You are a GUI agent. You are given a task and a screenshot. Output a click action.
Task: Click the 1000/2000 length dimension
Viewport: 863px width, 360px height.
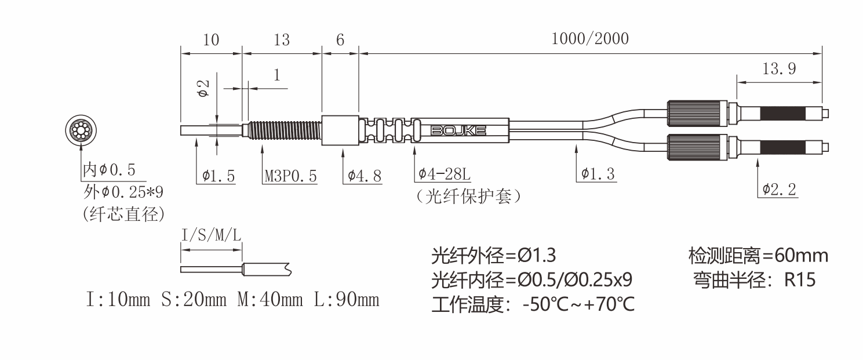[x=589, y=39]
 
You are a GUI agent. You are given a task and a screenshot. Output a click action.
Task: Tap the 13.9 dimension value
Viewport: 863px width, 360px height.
[x=778, y=69]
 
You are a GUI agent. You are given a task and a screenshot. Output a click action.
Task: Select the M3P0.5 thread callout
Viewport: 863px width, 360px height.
[x=290, y=176]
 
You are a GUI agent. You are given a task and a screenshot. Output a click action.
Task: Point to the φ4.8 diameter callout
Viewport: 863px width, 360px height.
[x=365, y=176]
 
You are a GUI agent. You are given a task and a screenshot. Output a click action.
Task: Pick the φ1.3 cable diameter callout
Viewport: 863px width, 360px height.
[x=598, y=174]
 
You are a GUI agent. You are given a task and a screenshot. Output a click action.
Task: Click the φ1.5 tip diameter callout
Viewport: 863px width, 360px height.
[x=219, y=176]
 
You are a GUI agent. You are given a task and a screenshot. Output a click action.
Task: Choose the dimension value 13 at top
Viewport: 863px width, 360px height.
[x=281, y=39]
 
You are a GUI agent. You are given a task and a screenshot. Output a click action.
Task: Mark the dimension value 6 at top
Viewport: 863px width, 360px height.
[x=340, y=39]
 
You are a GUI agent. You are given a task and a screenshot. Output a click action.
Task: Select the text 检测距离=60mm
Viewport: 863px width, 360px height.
[x=758, y=255]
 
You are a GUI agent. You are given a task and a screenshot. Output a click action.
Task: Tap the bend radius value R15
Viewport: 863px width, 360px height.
[x=800, y=280]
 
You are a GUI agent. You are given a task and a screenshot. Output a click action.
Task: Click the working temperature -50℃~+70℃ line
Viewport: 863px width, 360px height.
[x=533, y=304]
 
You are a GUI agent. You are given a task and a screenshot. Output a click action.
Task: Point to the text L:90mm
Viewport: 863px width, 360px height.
[x=347, y=300]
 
